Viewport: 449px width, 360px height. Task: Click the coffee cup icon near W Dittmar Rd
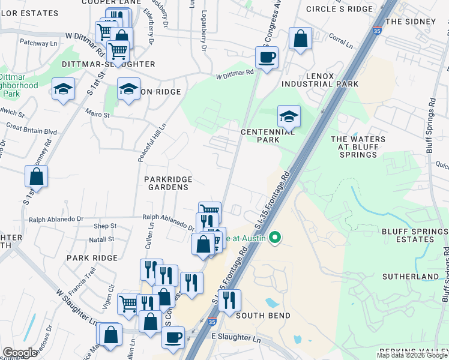pyautogui.click(x=266, y=58)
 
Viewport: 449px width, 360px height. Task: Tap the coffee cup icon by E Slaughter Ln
pyautogui.click(x=173, y=336)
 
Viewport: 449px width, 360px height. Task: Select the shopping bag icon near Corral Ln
pyautogui.click(x=300, y=38)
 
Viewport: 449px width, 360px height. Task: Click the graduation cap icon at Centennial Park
pyautogui.click(x=289, y=115)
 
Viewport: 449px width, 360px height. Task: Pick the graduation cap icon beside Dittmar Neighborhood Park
pyautogui.click(x=62, y=89)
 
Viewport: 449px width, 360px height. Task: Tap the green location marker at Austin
pyautogui.click(x=276, y=238)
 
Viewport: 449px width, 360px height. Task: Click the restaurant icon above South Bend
pyautogui.click(x=229, y=300)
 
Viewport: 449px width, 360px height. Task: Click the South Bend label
pyautogui.click(x=263, y=316)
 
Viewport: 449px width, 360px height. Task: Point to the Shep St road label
pyautogui.click(x=105, y=226)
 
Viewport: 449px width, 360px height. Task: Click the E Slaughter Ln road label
pyautogui.click(x=237, y=339)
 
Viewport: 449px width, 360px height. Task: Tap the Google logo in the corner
pyautogui.click(x=20, y=353)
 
